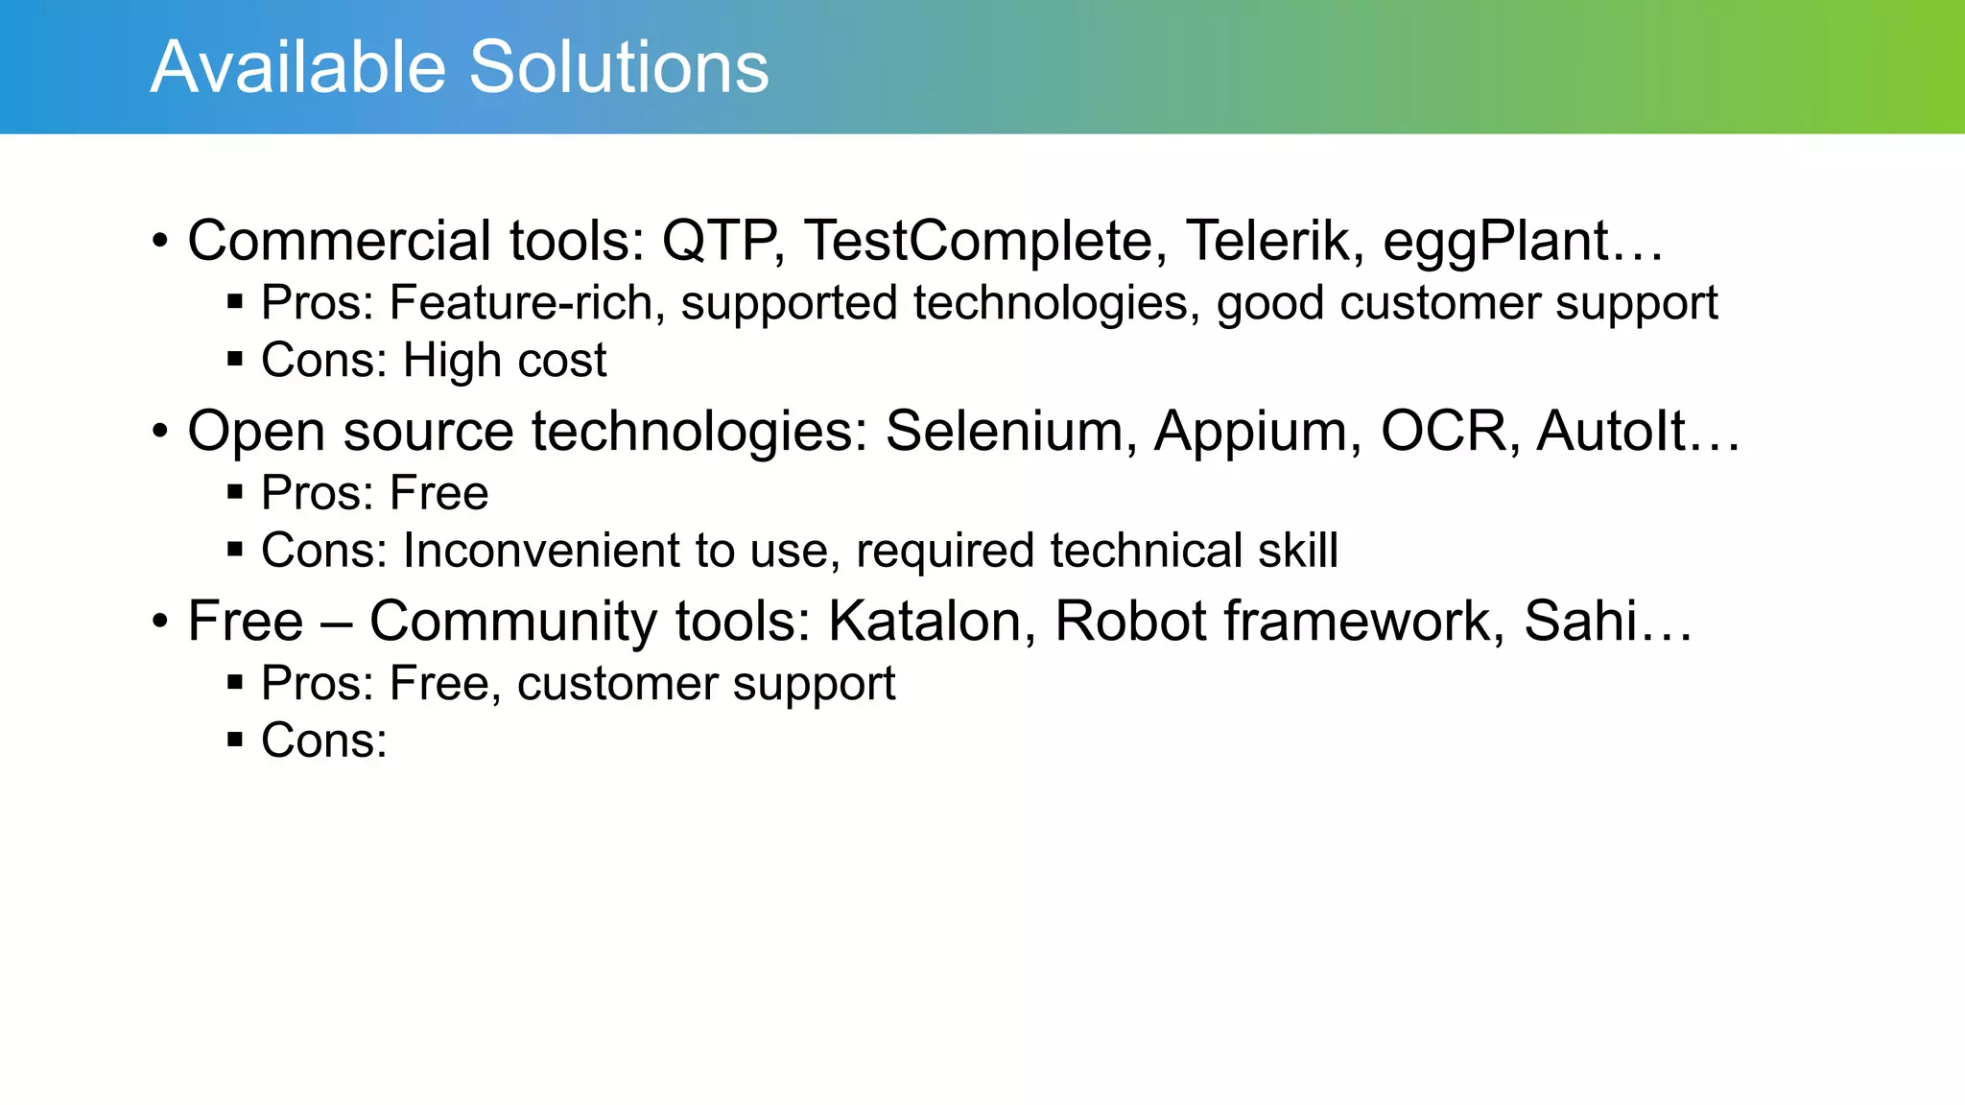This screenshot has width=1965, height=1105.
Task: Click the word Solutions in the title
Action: tap(619, 67)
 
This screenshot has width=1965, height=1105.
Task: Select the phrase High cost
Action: tap(505, 361)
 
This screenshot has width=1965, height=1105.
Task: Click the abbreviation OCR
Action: tap(1449, 431)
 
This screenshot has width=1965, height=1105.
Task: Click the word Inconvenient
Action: tap(540, 551)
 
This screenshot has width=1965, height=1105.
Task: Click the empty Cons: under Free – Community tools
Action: tap(324, 741)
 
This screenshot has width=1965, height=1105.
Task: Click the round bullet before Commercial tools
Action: tap(160, 240)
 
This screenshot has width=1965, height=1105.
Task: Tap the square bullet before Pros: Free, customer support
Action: tap(235, 683)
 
